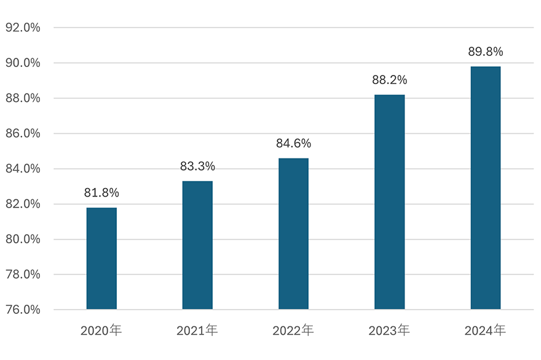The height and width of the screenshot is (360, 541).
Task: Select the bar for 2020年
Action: click(101, 258)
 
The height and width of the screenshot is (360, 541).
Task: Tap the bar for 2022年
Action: click(293, 233)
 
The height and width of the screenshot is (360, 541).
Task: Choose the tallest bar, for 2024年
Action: click(486, 187)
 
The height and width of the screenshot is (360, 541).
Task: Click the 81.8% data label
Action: click(101, 193)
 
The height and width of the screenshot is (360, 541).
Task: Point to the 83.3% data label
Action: click(197, 166)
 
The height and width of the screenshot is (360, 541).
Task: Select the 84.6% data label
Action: click(293, 144)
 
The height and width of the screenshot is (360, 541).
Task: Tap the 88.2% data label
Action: click(390, 80)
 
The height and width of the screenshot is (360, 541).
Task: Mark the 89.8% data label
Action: click(486, 52)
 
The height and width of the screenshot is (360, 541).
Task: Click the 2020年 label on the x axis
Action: click(101, 331)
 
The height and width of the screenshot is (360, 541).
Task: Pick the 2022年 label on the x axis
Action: click(293, 331)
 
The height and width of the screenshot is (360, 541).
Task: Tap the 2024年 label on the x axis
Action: click(486, 331)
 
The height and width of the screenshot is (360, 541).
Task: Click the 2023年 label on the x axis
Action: click(390, 331)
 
